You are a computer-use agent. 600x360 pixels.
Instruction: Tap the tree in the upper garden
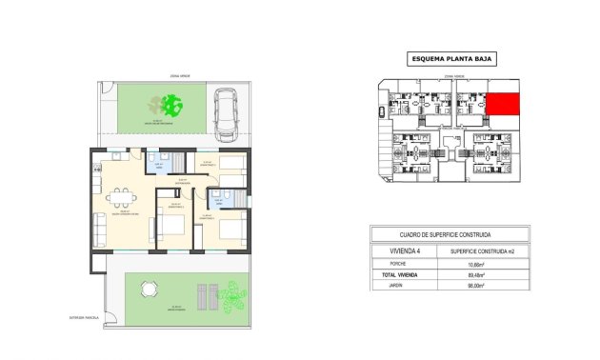click(170, 104)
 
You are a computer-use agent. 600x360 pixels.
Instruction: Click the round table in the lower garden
click(149, 290)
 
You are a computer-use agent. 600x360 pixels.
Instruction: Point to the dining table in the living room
click(118, 200)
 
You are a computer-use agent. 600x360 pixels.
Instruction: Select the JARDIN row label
click(391, 286)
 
